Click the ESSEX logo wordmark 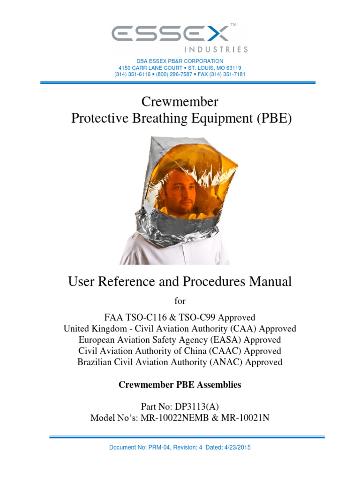[172, 33]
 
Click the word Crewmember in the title [180, 102]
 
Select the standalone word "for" [180, 301]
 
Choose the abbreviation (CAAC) [226, 351]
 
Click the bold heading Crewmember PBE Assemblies [180, 385]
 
